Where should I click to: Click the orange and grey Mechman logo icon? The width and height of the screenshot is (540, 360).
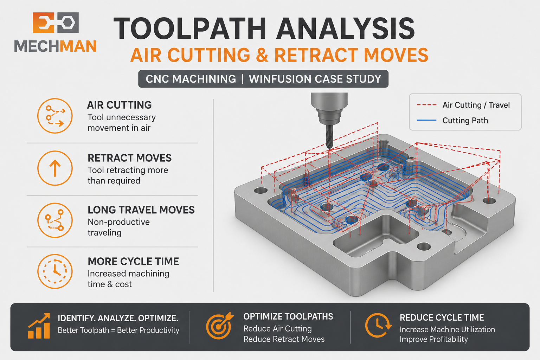(x=56, y=22)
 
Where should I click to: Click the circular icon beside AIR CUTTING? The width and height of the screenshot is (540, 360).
(x=55, y=116)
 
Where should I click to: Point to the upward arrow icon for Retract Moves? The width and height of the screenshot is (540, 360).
(x=55, y=168)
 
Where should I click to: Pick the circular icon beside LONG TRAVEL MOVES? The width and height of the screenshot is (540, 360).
(x=55, y=220)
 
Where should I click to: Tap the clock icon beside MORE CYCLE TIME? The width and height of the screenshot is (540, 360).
(x=55, y=271)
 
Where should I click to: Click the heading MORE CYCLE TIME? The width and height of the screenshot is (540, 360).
(x=133, y=261)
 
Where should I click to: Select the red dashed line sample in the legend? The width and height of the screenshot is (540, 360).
(x=426, y=105)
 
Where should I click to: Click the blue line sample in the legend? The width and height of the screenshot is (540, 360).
(x=426, y=120)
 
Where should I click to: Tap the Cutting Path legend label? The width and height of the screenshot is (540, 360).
(x=465, y=120)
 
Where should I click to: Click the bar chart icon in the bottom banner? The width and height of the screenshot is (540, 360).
(x=39, y=326)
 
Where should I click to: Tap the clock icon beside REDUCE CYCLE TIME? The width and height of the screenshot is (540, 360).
(x=378, y=326)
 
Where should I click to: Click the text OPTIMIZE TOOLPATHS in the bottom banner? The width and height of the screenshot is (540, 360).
(x=288, y=317)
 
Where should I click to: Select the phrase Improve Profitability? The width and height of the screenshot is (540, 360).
(x=434, y=339)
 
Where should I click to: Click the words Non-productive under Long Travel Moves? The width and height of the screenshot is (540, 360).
(x=118, y=222)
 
